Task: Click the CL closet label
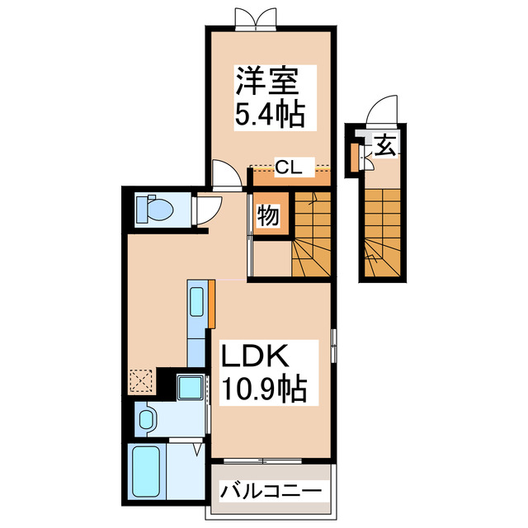(288, 168)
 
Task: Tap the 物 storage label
(266, 217)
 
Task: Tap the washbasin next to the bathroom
(146, 419)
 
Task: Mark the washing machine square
(191, 386)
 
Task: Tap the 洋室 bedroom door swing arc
(224, 172)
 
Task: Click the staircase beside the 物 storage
(313, 234)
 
